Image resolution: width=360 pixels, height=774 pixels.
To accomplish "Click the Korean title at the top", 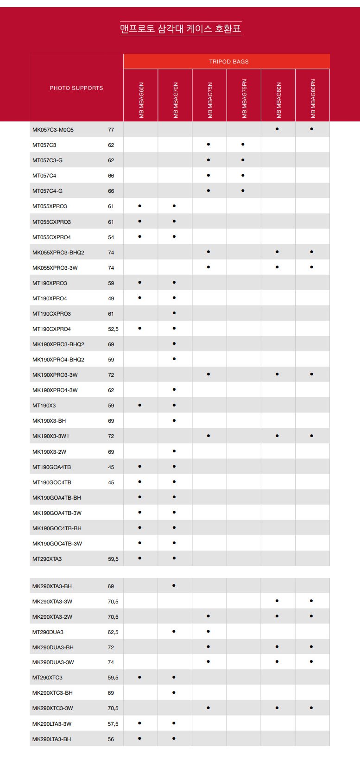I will point(180,29).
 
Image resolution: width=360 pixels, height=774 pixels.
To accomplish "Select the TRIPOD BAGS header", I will point(228,62).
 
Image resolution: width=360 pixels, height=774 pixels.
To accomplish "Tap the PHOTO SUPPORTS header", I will point(76,88).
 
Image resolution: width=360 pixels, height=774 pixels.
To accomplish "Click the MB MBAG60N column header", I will point(141,100).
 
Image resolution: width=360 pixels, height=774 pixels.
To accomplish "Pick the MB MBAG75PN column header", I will point(244,98).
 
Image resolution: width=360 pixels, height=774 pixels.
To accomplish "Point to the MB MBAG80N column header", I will point(278,100).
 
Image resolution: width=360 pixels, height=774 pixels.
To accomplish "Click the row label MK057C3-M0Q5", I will point(53,130).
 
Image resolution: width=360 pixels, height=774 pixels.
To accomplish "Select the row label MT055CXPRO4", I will point(51,237).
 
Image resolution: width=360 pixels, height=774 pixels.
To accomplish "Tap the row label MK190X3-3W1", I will point(51,436).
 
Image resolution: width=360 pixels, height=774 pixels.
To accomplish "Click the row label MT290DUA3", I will point(48,632).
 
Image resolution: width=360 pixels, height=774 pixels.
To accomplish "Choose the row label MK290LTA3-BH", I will point(51,739).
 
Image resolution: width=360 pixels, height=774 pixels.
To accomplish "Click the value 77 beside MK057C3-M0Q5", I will point(111,130).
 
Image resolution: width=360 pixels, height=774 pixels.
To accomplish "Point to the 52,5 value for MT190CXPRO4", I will point(113,329).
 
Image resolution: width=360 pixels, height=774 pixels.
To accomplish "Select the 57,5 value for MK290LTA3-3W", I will point(113,724).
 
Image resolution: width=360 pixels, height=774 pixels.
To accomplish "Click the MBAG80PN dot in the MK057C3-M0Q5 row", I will point(311,129).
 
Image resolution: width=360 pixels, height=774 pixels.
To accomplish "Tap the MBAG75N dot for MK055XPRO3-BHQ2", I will point(208,252).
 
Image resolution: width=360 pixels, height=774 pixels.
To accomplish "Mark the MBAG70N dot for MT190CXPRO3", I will point(174,313).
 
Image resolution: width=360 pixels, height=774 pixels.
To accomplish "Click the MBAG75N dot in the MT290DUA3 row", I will point(208,631).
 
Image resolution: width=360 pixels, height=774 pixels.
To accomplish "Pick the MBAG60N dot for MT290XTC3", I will point(139,677).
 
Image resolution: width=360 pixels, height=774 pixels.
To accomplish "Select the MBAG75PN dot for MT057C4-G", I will point(243,190).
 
